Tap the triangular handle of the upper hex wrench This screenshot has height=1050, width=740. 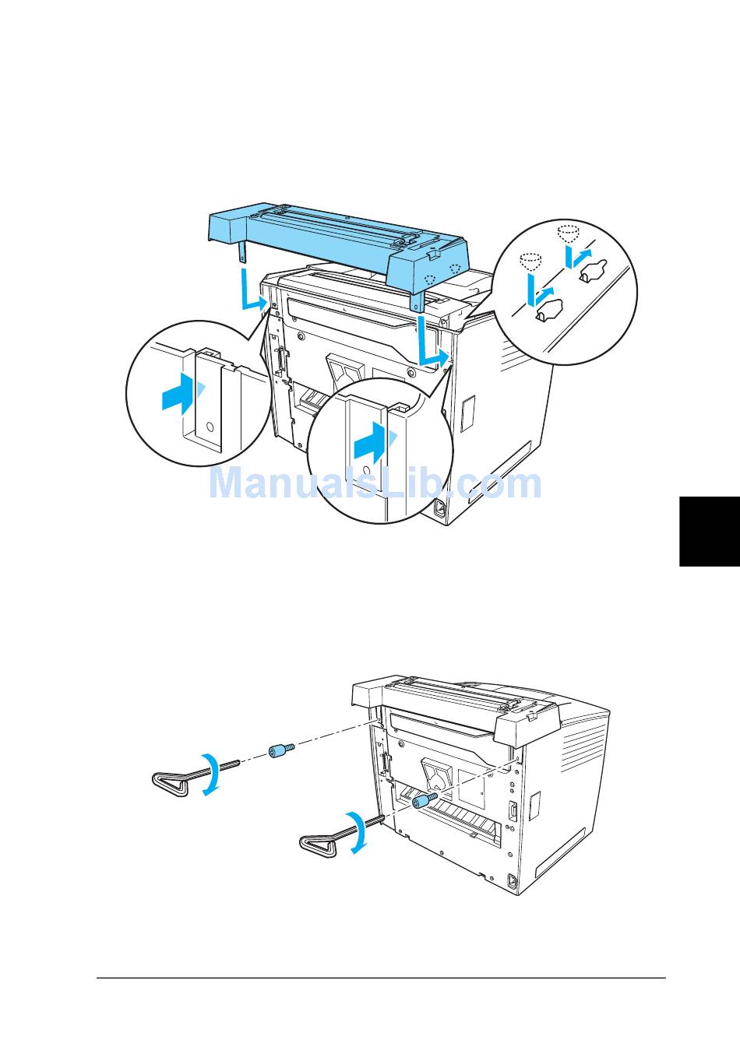point(170,781)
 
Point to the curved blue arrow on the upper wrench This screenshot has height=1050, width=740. point(210,774)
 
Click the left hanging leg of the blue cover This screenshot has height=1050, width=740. point(242,251)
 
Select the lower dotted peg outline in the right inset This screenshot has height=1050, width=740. point(530,261)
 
